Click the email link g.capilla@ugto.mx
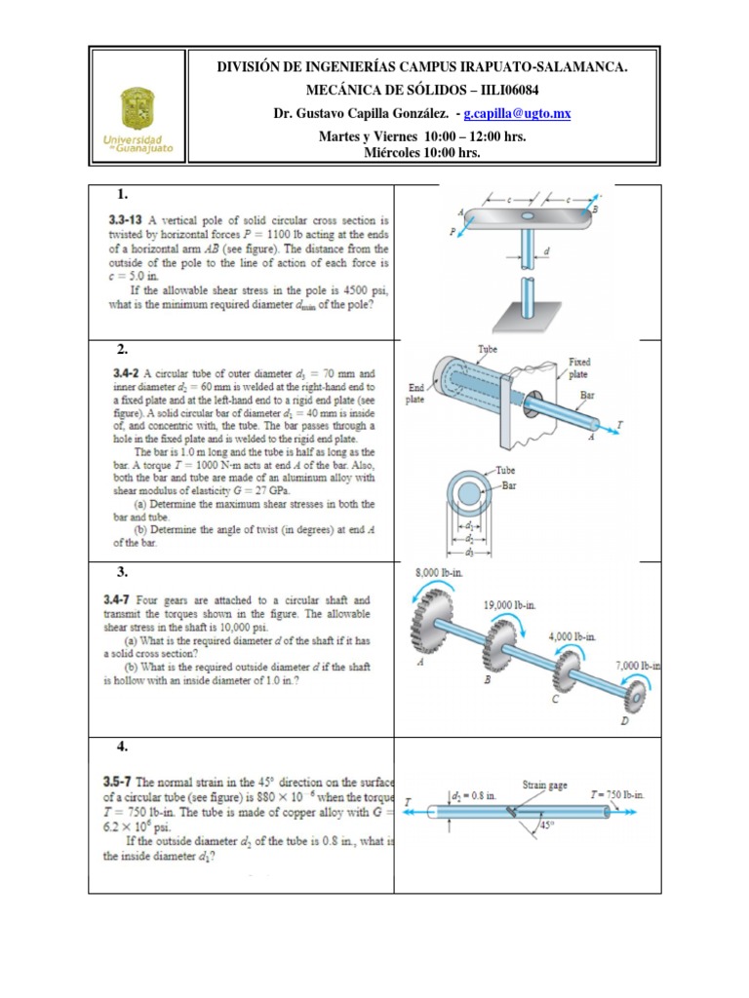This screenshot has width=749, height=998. pos(518,114)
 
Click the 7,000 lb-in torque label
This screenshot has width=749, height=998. pos(638,666)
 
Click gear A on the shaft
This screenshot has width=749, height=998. pos(434,624)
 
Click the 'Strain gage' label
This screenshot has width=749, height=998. pos(545,784)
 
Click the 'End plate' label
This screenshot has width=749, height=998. pos(416,393)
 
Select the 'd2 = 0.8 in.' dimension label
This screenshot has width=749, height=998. pos(474,796)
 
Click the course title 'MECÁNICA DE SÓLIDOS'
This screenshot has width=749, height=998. pos(374,90)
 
